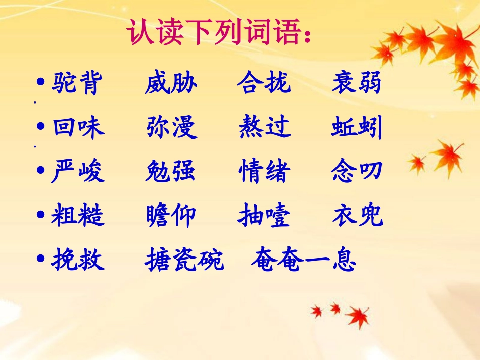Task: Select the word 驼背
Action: (77, 83)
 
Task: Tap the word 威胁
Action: (171, 83)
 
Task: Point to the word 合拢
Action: (264, 83)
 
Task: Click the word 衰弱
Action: (357, 83)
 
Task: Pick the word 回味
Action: (78, 128)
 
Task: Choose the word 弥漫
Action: (171, 128)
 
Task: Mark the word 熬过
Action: (265, 128)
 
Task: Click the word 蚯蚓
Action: (357, 128)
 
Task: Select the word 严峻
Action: (78, 172)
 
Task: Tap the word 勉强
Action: (170, 172)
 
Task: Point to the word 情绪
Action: (264, 172)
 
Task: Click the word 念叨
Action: (357, 172)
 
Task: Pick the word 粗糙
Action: (78, 216)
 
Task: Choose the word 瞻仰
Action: (170, 216)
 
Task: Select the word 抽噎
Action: (264, 216)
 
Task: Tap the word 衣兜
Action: (358, 216)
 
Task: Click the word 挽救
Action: (78, 261)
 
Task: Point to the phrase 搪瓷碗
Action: (184, 261)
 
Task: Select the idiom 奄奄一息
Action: (304, 261)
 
